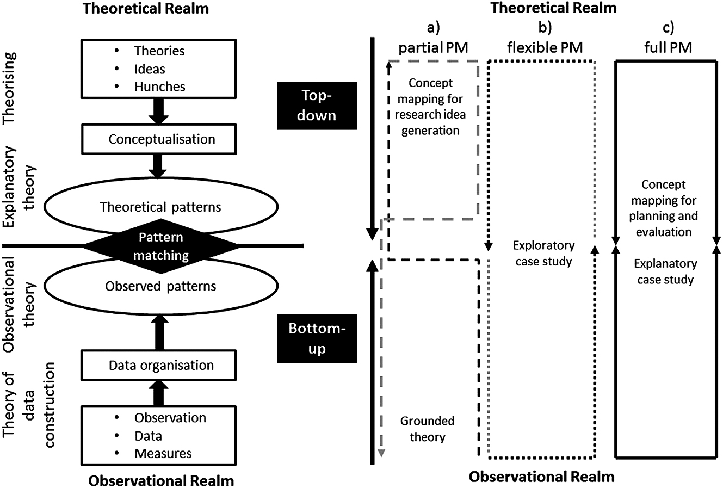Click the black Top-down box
pyautogui.click(x=316, y=105)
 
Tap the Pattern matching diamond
pyautogui.click(x=160, y=246)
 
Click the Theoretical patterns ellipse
pyautogui.click(x=160, y=207)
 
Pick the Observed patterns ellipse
pyautogui.click(x=160, y=286)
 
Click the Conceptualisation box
pyautogui.click(x=162, y=139)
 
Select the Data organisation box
pyautogui.click(x=162, y=365)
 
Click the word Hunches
pyautogui.click(x=159, y=87)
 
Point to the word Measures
pyautogui.click(x=163, y=453)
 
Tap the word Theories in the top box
pyautogui.click(x=159, y=51)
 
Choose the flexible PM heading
pyautogui.click(x=545, y=47)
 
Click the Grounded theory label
pyautogui.click(x=427, y=429)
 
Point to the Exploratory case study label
pyautogui.click(x=543, y=254)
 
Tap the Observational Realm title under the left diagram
pyautogui.click(x=161, y=481)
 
